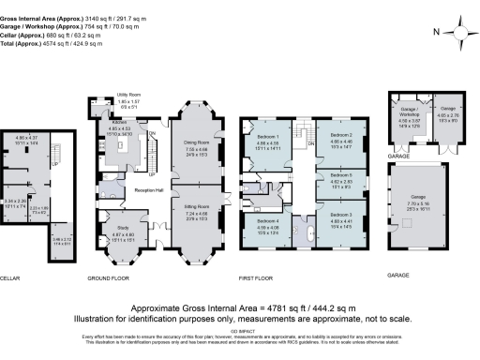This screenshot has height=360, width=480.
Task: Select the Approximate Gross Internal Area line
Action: [240, 307]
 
